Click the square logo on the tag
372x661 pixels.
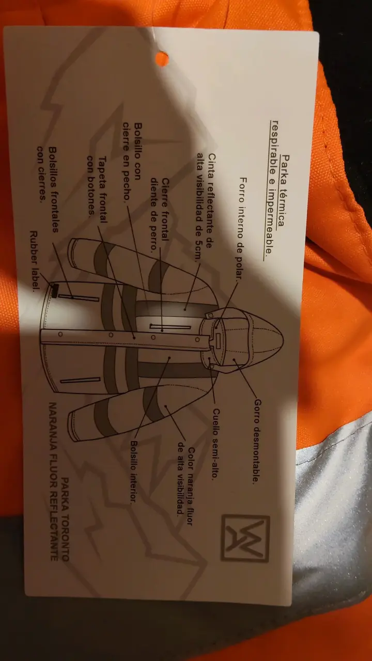point(245,538)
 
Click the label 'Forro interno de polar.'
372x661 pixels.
point(243,229)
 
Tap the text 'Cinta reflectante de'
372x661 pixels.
point(212,201)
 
